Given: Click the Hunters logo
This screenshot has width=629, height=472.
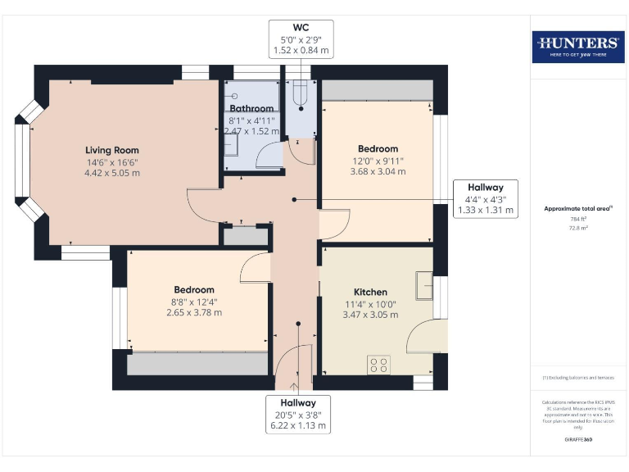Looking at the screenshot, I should pyautogui.click(x=577, y=47).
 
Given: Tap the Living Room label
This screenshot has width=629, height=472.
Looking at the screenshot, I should pyautogui.click(x=112, y=150).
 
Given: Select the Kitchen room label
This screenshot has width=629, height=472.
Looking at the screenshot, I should pyautogui.click(x=370, y=292).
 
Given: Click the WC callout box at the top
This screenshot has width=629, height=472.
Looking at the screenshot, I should pyautogui.click(x=301, y=39).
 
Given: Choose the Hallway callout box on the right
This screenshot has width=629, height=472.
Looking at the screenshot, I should pyautogui.click(x=486, y=198).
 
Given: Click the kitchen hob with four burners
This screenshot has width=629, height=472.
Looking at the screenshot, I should pyautogui.click(x=378, y=364).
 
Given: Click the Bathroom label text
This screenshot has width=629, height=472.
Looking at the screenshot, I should pyautogui.click(x=251, y=108).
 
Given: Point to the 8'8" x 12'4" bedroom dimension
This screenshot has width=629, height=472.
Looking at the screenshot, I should pyautogui.click(x=194, y=301).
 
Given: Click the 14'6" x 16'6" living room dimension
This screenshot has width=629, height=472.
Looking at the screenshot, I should pyautogui.click(x=112, y=161).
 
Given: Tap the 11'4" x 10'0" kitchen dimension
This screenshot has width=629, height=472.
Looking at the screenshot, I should pyautogui.click(x=370, y=303).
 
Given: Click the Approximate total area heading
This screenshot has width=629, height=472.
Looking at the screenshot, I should pyautogui.click(x=577, y=209).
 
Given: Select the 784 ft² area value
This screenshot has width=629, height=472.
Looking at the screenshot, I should pyautogui.click(x=577, y=219).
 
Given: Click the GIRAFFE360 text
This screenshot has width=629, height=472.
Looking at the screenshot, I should pyautogui.click(x=577, y=440).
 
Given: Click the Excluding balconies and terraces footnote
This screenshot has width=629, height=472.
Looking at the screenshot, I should pyautogui.click(x=577, y=378).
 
